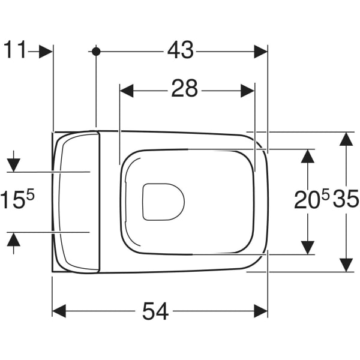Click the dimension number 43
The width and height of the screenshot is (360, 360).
coord(181,50)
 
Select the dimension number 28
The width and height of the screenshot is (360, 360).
coord(184,88)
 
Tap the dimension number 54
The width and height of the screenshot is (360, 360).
coord(155,311)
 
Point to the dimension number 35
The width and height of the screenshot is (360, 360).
coord(346,199)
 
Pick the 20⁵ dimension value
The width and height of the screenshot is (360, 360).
coord(312,199)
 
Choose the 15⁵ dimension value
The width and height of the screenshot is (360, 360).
coord(17,199)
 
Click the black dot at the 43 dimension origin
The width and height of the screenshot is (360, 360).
coord(96,52)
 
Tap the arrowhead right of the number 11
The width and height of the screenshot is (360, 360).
coord(46,52)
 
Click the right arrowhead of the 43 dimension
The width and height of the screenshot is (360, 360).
coord(261,52)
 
